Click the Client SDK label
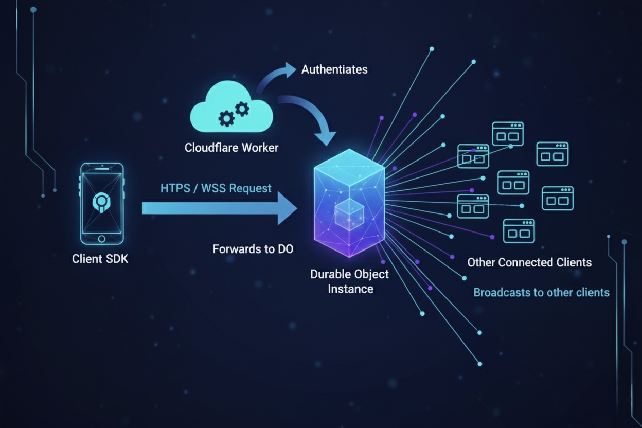click(100, 259)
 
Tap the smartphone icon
click(101, 203)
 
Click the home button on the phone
click(101, 238)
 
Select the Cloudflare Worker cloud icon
click(231, 111)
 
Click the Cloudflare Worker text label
click(231, 148)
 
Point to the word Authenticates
click(334, 69)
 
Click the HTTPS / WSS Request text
click(216, 188)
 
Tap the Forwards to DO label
click(253, 249)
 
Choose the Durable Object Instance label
click(349, 281)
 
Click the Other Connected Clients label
click(529, 262)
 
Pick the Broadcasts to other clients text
click(541, 293)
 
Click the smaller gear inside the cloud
click(242, 108)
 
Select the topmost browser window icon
click(508, 134)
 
